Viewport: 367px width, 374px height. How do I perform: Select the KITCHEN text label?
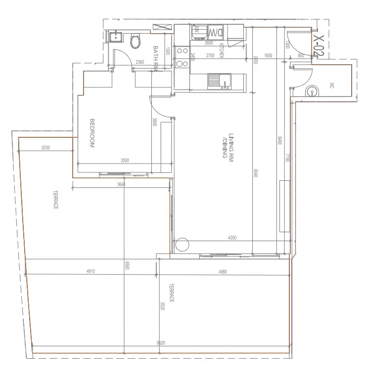point(222,51)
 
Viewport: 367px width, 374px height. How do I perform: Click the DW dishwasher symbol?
point(216,33)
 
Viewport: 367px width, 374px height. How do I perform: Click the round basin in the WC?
point(312,91)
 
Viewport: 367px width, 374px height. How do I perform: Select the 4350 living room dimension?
point(232,238)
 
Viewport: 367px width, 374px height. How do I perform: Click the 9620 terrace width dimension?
point(161,342)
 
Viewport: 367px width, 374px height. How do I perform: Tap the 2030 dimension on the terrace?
point(46,147)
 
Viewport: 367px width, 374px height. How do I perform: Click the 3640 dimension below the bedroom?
point(122,185)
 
